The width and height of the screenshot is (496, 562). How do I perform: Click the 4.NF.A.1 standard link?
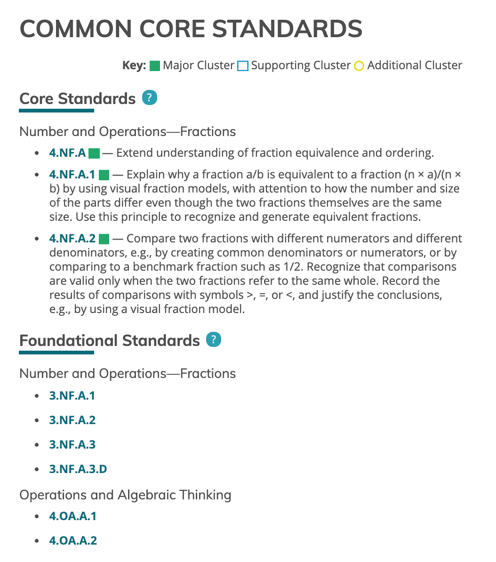pyautogui.click(x=72, y=175)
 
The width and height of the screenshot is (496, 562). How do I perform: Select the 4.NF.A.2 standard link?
pyautogui.click(x=72, y=239)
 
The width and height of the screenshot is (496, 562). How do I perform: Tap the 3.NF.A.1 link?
pyautogui.click(x=72, y=396)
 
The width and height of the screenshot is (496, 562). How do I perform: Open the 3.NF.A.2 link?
pyautogui.click(x=72, y=420)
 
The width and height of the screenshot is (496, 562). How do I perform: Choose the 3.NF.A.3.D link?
pyautogui.click(x=78, y=469)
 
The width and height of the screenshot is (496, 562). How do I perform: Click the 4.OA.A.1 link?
pyautogui.click(x=73, y=516)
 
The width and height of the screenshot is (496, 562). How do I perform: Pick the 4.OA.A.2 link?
pyautogui.click(x=73, y=541)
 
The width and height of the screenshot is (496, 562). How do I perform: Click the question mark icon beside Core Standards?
pyautogui.click(x=150, y=98)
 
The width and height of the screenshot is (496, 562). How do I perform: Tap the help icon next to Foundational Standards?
pyautogui.click(x=214, y=339)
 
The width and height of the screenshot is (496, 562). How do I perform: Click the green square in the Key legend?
pyautogui.click(x=155, y=66)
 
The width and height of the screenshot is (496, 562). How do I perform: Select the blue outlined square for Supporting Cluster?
pyautogui.click(x=243, y=66)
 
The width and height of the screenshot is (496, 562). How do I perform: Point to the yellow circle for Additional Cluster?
pyautogui.click(x=359, y=66)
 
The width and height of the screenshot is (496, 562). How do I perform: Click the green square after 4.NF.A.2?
pyautogui.click(x=104, y=239)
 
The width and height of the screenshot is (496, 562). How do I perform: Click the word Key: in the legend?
pyautogui.click(x=134, y=65)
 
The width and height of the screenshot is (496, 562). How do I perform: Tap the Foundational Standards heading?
pyautogui.click(x=110, y=340)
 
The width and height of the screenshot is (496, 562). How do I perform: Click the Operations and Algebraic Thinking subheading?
pyautogui.click(x=125, y=495)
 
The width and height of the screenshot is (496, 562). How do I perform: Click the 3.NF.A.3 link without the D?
pyautogui.click(x=72, y=445)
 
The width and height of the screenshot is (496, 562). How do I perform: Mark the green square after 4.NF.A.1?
pyautogui.click(x=104, y=175)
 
